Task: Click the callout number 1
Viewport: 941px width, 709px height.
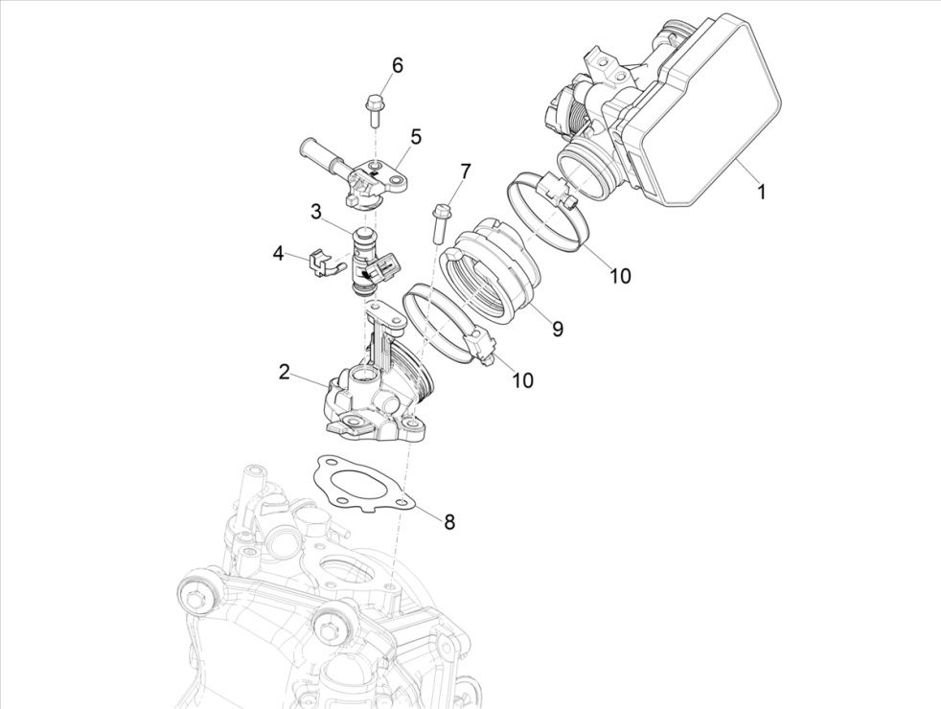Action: pyautogui.click(x=761, y=192)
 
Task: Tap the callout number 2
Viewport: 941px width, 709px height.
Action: pyautogui.click(x=285, y=371)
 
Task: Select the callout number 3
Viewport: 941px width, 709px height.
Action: pyautogui.click(x=315, y=210)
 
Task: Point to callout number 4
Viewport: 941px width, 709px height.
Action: pyautogui.click(x=278, y=254)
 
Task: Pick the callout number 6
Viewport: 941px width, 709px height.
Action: pyautogui.click(x=397, y=65)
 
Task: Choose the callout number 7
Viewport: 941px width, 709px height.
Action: pyautogui.click(x=465, y=172)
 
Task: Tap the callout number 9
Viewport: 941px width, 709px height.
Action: pyautogui.click(x=557, y=329)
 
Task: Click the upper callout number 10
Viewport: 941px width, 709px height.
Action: pyautogui.click(x=620, y=276)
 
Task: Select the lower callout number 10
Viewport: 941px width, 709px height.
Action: pyautogui.click(x=521, y=380)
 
